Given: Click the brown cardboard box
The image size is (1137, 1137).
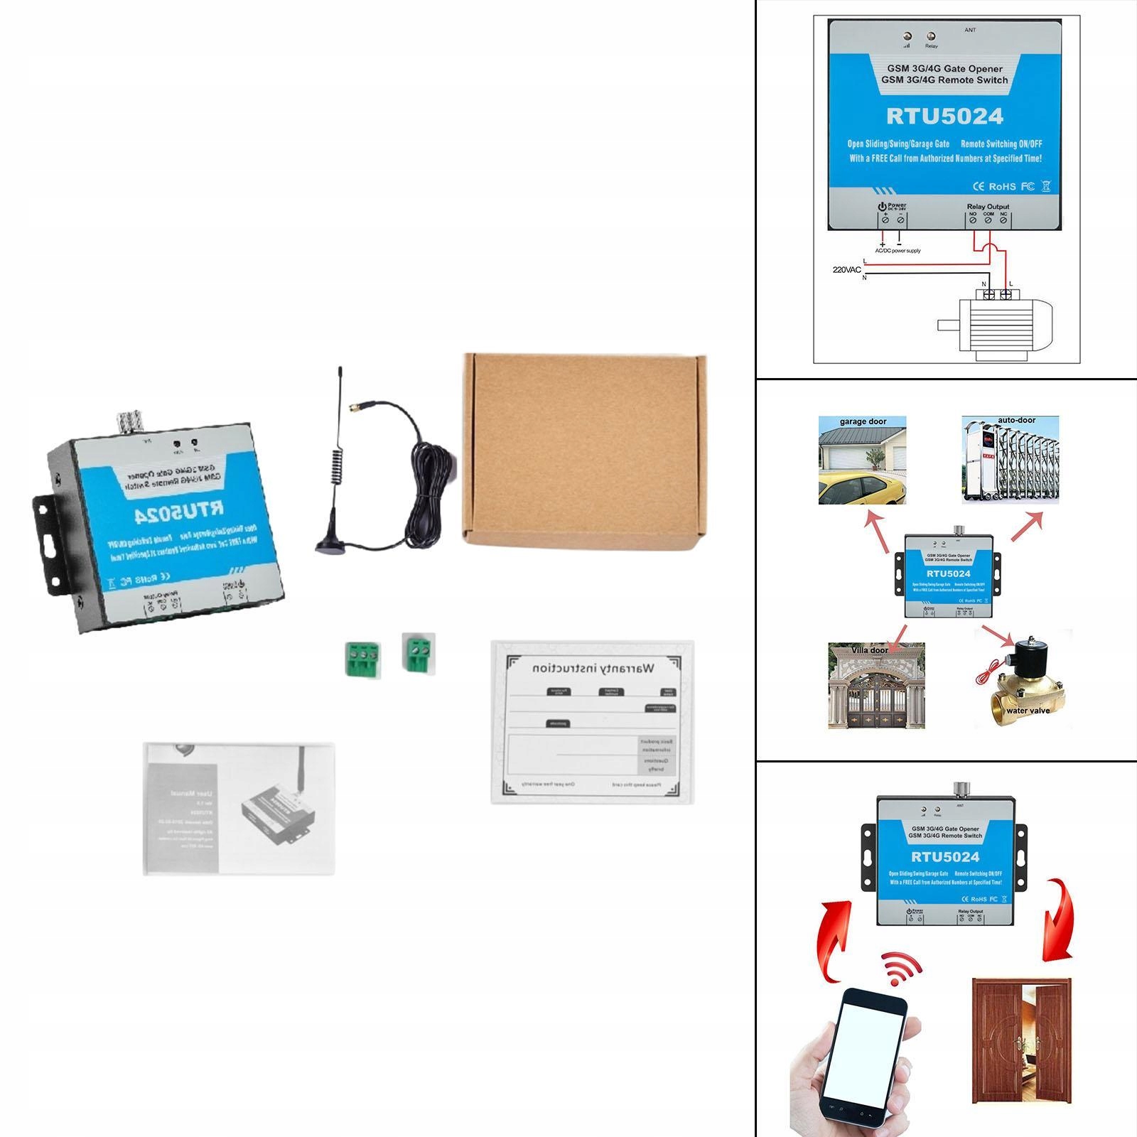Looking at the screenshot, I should click(584, 450).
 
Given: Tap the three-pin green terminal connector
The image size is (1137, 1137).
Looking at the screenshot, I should click(362, 657).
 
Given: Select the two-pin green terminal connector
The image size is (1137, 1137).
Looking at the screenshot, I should click(418, 652).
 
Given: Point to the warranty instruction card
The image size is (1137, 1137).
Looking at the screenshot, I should click(592, 722).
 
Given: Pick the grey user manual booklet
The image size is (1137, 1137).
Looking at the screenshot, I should click(239, 809).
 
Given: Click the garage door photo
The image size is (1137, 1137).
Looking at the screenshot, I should click(862, 460).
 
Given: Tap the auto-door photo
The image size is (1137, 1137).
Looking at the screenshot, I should click(1010, 460).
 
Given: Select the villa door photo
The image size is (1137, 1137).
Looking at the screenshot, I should click(876, 686).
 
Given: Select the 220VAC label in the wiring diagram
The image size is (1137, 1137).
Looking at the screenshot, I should click(846, 270).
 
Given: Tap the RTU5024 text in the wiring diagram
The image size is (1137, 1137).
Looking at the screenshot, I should click(944, 117).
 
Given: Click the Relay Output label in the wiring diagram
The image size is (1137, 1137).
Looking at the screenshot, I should click(988, 207).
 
